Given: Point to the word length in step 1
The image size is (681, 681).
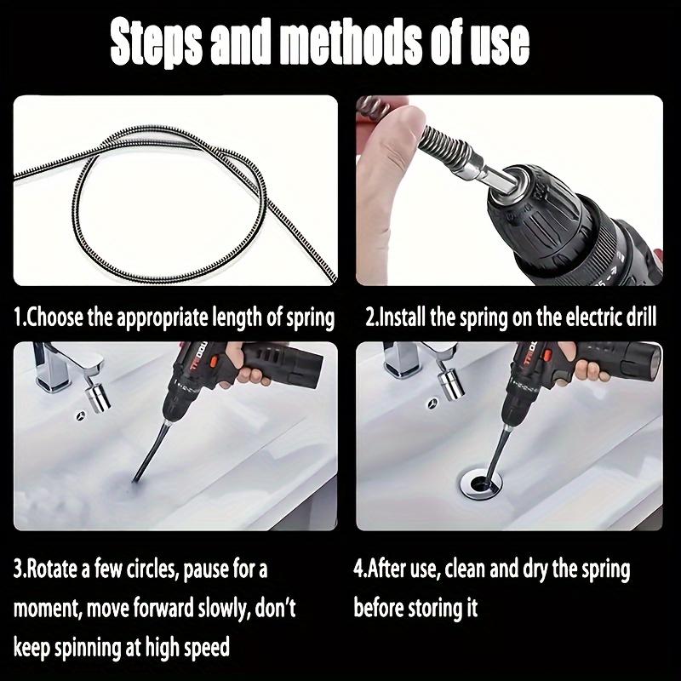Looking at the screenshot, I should coord(235,318).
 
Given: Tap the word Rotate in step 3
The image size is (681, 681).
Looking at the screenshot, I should coord(53,568).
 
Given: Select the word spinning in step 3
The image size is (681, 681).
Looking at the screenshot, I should coord(90,647).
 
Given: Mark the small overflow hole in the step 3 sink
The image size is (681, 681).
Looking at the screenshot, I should coord(81,415).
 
